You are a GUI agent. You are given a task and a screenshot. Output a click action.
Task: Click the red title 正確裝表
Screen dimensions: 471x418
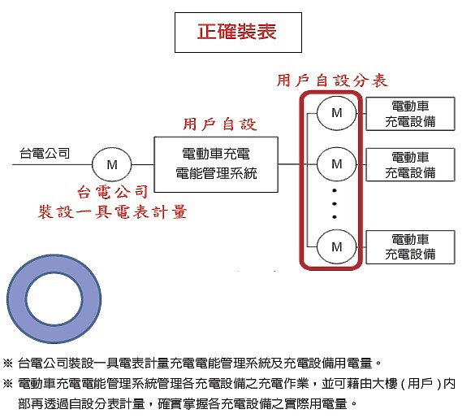click(236, 32)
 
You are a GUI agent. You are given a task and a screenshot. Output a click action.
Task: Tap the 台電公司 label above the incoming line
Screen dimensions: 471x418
click(45, 154)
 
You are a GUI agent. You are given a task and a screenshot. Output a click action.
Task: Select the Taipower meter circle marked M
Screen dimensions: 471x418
click(112, 164)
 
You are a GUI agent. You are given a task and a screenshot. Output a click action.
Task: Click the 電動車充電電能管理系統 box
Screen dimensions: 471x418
click(216, 164)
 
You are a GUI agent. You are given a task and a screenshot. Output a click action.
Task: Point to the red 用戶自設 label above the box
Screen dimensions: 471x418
click(220, 124)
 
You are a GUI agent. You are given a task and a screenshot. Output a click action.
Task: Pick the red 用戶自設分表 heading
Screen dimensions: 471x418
click(332, 81)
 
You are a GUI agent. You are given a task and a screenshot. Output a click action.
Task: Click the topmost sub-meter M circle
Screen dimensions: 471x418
click(337, 113)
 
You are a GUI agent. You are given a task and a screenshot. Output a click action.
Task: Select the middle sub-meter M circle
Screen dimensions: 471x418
click(337, 164)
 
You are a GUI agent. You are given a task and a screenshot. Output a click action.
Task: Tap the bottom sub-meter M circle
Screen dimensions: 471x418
click(337, 247)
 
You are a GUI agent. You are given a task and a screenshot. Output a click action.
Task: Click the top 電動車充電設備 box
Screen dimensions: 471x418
click(410, 114)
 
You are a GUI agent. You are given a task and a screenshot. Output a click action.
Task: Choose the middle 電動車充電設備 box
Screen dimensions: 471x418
click(410, 164)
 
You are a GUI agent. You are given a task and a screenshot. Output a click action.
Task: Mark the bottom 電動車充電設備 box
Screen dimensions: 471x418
click(410, 247)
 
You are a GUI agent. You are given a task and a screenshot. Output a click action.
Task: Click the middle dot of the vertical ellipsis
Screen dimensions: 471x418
click(335, 203)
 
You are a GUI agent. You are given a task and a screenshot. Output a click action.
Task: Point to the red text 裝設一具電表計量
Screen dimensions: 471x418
click(113, 211)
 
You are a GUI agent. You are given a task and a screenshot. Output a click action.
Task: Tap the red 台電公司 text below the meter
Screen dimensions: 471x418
click(112, 192)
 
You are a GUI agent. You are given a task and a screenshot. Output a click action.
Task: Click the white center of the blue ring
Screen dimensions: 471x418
click(54, 298)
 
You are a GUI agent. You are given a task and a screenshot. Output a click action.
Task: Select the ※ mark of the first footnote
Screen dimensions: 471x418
click(7, 363)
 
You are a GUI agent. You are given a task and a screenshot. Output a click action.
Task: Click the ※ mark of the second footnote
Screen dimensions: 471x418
click(7, 383)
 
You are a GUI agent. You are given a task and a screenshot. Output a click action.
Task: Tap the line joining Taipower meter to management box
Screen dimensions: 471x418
click(143, 164)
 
